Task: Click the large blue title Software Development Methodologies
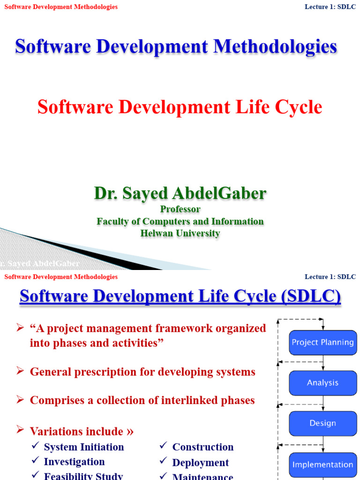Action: point(176,46)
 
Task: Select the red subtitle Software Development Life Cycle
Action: point(180,107)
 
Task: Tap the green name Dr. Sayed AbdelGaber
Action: point(180,193)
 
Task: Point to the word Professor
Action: point(180,209)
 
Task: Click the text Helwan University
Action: point(180,233)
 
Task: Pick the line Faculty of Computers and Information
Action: point(180,221)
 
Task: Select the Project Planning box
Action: point(322,342)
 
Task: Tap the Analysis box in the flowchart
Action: point(322,382)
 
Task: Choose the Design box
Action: point(322,423)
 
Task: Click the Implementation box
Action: point(322,465)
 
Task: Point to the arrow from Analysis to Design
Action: point(323,403)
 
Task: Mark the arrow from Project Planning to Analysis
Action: point(323,362)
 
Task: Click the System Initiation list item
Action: point(84,447)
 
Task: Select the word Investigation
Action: point(74,462)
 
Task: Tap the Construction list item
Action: point(203,447)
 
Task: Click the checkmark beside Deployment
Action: point(163,462)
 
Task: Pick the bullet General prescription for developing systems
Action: point(142,372)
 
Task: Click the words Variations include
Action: point(76,431)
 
